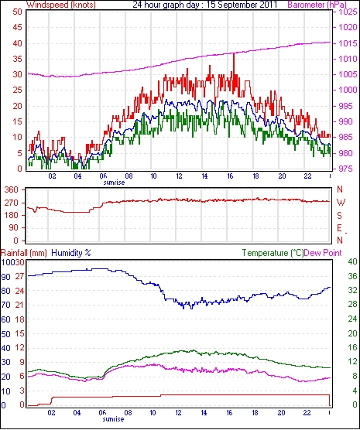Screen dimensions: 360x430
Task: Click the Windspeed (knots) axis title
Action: tap(61, 5)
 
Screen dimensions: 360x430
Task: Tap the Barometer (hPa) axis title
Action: tap(317, 5)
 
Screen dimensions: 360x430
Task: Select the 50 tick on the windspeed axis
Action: tap(17, 12)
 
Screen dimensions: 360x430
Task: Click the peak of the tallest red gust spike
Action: tap(234, 53)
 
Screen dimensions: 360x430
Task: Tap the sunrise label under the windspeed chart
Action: tap(114, 183)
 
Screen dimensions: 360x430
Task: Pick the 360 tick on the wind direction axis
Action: tap(12, 189)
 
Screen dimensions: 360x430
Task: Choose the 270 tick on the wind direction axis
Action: tap(12, 203)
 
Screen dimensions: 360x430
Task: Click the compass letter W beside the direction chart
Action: tap(341, 203)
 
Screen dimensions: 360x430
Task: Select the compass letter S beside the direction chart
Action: tap(340, 216)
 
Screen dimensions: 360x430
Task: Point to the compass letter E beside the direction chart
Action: tap(340, 228)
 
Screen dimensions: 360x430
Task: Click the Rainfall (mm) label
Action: tap(24, 253)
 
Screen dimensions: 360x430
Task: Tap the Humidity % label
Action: tap(71, 253)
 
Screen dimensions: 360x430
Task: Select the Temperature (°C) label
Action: tap(273, 253)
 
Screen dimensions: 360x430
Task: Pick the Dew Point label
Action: tap(323, 253)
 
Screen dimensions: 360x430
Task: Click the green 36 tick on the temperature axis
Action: tap(352, 276)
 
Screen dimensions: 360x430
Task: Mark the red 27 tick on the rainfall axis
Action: tap(20, 276)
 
